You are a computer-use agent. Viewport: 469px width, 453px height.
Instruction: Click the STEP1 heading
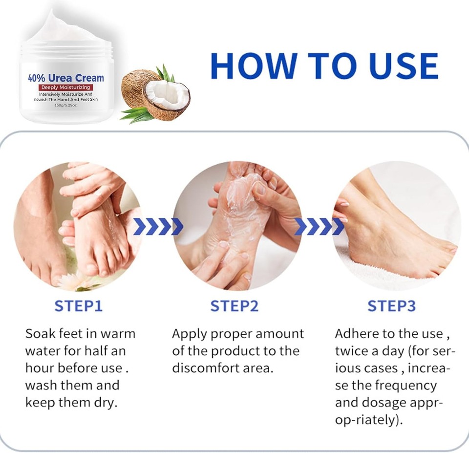coord(78,306)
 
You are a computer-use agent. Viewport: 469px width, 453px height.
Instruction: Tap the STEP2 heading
coord(234,306)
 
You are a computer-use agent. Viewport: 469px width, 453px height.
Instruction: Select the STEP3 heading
coord(391,306)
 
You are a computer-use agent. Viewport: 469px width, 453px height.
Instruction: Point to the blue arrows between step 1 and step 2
coord(158,226)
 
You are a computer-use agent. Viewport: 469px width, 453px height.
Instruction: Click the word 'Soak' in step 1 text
coord(41,334)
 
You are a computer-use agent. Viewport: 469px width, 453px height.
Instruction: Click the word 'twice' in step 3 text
coord(352,351)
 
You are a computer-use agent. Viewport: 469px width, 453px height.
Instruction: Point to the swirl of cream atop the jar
coord(64,27)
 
